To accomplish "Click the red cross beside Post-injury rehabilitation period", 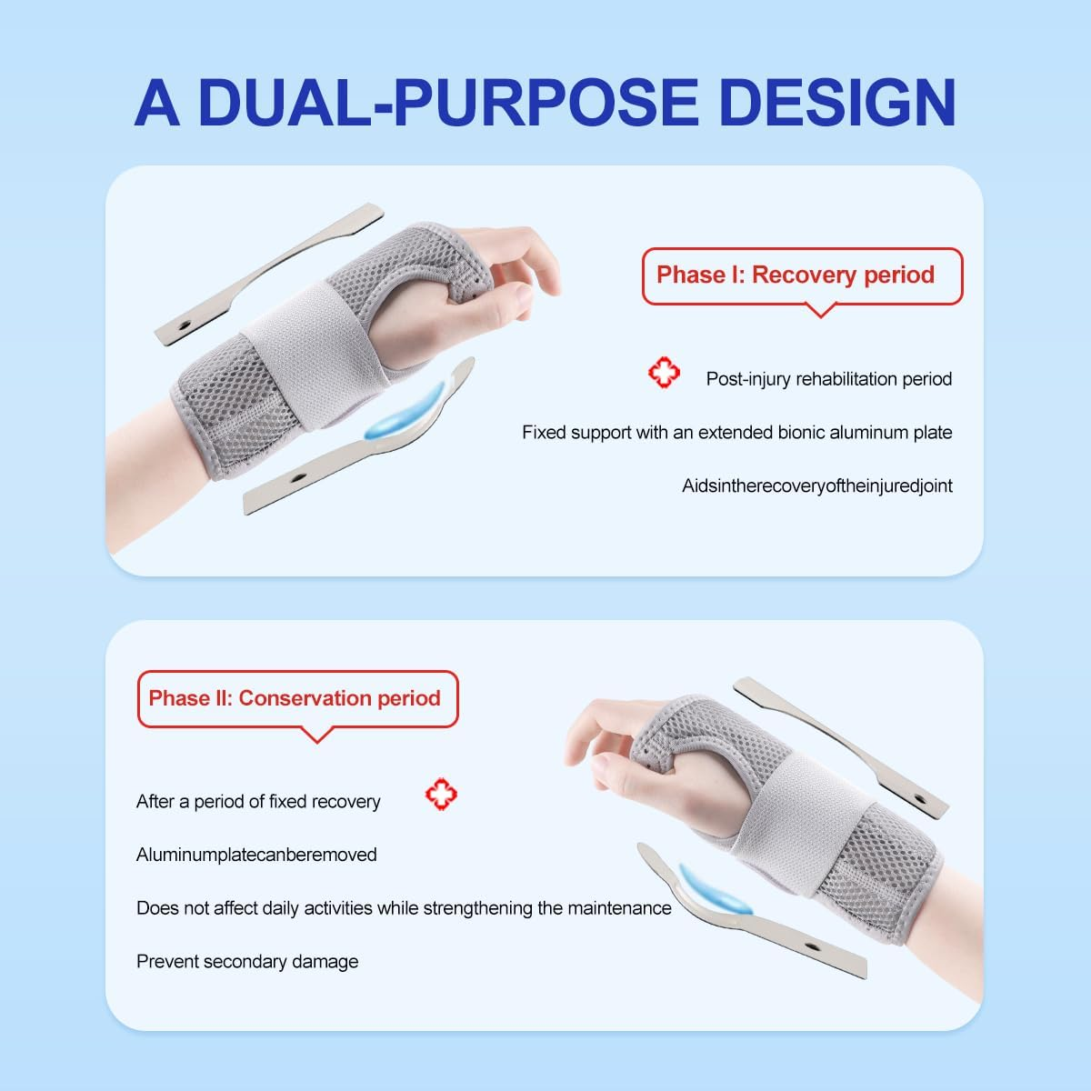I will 664,374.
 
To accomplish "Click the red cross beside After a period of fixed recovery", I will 442,796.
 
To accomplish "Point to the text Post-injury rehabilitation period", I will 828,379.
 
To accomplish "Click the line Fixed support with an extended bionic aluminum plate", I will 736,433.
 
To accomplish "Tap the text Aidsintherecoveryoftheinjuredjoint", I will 816,486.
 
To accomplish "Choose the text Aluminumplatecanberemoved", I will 256,855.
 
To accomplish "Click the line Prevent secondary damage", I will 247,962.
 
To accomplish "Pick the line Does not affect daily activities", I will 404,908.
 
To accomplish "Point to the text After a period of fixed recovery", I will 258,802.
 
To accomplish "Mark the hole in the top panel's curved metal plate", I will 296,475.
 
